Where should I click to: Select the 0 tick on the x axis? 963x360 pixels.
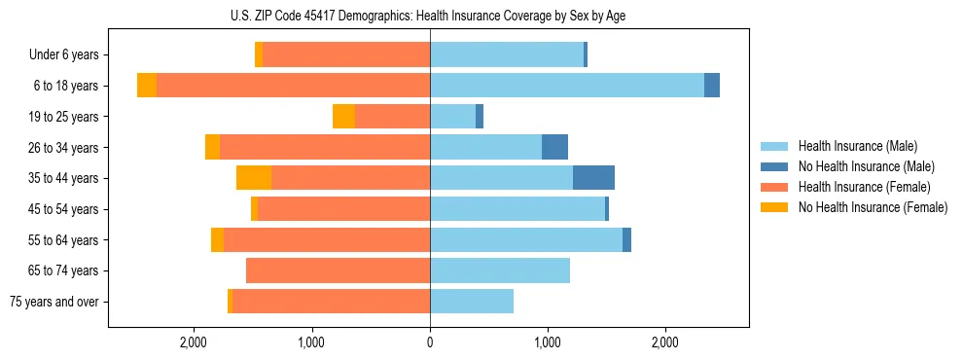[x=430, y=342]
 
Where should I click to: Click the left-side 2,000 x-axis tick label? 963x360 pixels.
[x=194, y=342]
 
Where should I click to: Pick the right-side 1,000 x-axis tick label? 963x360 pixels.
[x=548, y=342]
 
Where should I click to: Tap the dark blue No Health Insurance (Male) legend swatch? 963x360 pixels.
[x=774, y=166]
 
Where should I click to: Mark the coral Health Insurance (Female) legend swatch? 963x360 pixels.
[x=774, y=187]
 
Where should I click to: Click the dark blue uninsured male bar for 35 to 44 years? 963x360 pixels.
[x=593, y=178]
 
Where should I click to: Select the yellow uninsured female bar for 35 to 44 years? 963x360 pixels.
[x=254, y=178]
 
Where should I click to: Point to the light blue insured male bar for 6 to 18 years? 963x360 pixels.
[x=567, y=86]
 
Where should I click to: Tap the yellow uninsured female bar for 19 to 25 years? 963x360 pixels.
[x=343, y=117]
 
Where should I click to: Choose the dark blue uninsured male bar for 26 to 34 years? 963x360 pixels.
[x=554, y=147]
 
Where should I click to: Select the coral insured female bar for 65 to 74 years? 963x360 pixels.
[x=338, y=270]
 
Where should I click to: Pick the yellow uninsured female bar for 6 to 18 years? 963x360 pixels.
[x=147, y=86]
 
